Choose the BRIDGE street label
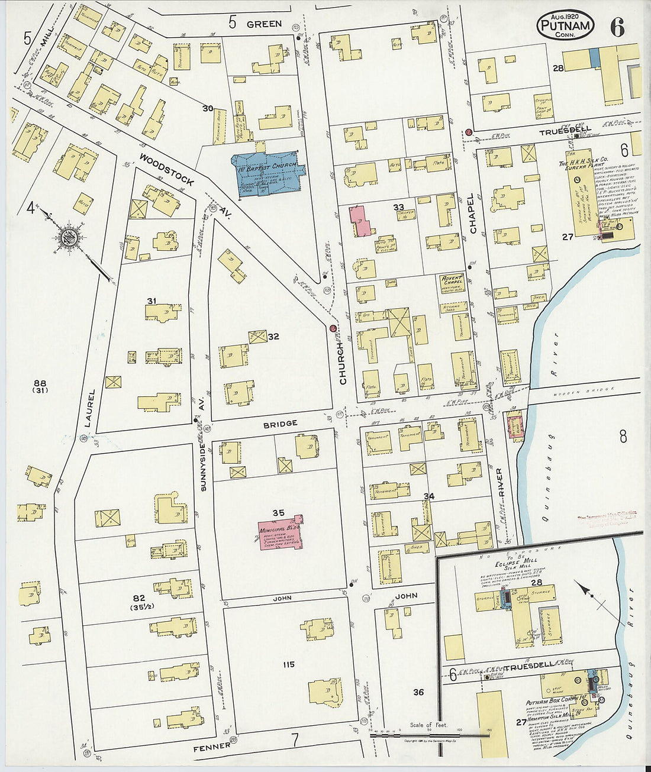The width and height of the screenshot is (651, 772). coord(281,424)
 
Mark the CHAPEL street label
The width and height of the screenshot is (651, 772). coord(472,214)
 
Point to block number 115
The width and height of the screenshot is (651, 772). coord(288,664)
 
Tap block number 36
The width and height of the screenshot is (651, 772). coord(418,692)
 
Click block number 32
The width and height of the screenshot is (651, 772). coord(273,337)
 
